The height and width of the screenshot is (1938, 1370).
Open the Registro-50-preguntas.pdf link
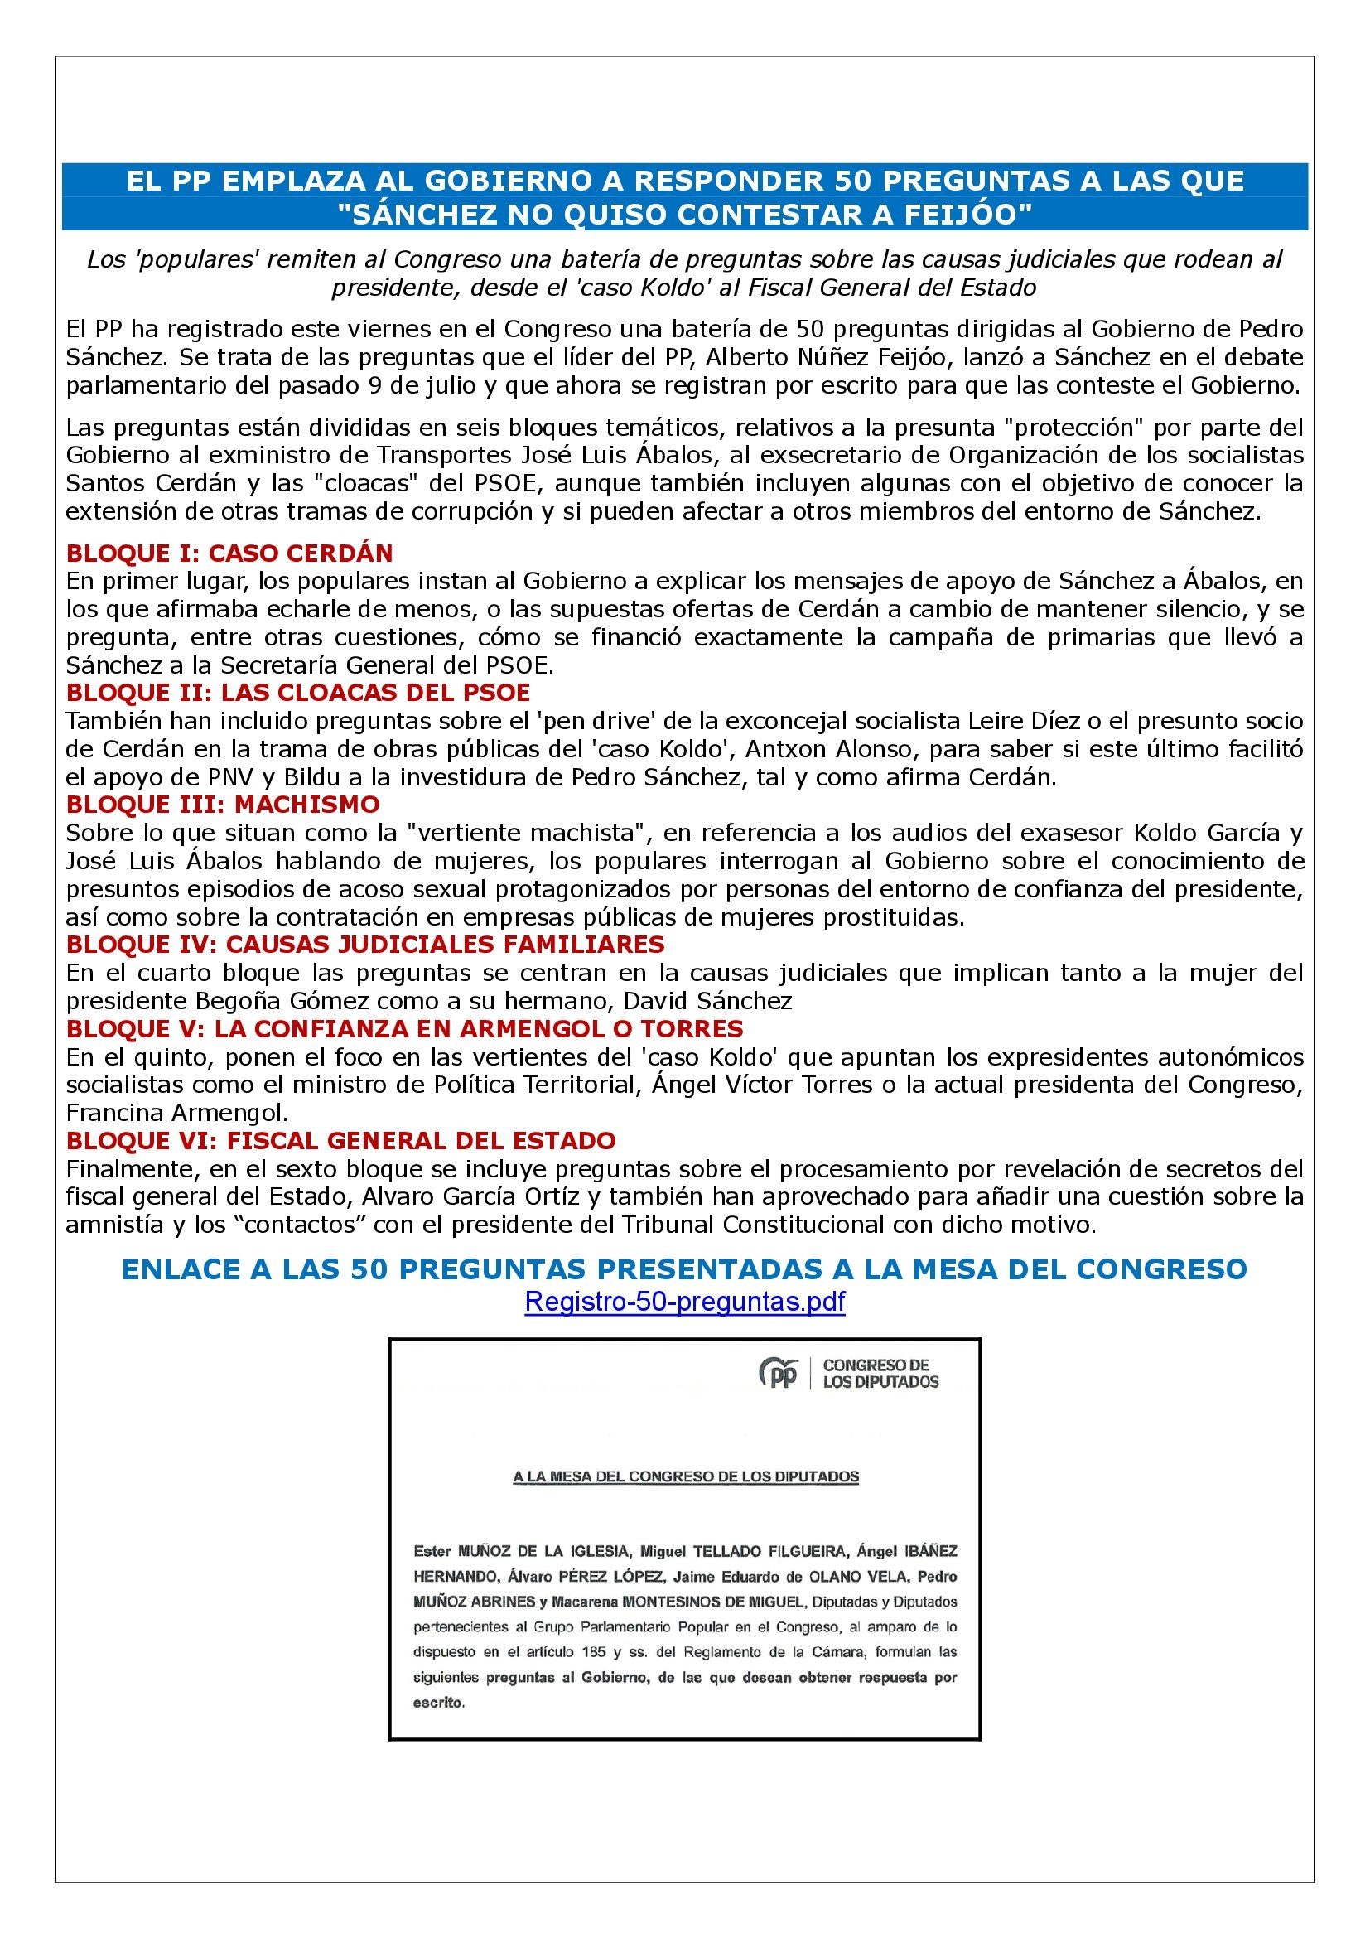pos(684,1302)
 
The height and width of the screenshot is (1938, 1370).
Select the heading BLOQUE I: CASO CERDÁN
pos(229,553)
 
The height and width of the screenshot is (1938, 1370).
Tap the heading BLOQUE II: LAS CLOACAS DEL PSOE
pos(298,692)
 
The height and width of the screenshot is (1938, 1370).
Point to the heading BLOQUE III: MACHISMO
pos(223,804)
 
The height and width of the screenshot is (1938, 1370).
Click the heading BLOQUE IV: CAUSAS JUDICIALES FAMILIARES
pos(365,944)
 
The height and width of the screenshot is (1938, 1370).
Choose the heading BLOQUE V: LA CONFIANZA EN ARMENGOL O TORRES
pos(405,1028)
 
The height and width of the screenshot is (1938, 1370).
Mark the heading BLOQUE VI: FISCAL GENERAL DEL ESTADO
pos(340,1140)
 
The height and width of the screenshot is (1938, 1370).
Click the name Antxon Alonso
pos(862,749)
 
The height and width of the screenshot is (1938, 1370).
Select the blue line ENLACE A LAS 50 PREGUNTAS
pos(684,1269)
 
